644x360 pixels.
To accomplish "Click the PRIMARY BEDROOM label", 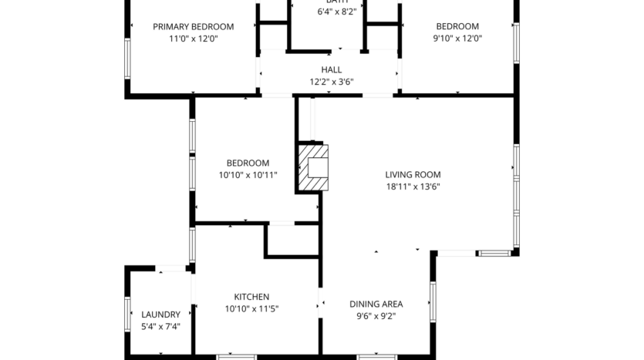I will (x=193, y=26).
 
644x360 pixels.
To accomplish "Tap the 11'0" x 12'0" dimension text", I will (x=193, y=38).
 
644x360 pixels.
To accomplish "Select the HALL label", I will (x=331, y=69).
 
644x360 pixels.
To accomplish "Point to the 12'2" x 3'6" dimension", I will (x=331, y=81).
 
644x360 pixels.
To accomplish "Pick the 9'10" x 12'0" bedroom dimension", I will (x=457, y=38).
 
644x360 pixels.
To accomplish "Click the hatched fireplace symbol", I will (x=314, y=167).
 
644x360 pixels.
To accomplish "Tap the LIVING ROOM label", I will (x=413, y=174).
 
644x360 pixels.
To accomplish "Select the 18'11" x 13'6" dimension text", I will (x=413, y=186).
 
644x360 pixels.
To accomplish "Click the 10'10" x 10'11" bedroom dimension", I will (x=248, y=175).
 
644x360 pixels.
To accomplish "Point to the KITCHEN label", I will (x=251, y=297).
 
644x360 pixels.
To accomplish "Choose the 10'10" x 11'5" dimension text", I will (x=251, y=308).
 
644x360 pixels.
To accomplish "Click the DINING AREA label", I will (x=376, y=304).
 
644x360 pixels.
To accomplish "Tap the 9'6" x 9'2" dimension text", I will (x=376, y=315).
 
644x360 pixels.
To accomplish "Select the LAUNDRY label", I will (x=160, y=315).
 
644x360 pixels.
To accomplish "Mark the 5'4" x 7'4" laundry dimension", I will (x=160, y=326).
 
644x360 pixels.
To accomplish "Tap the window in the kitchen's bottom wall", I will (x=236, y=356).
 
